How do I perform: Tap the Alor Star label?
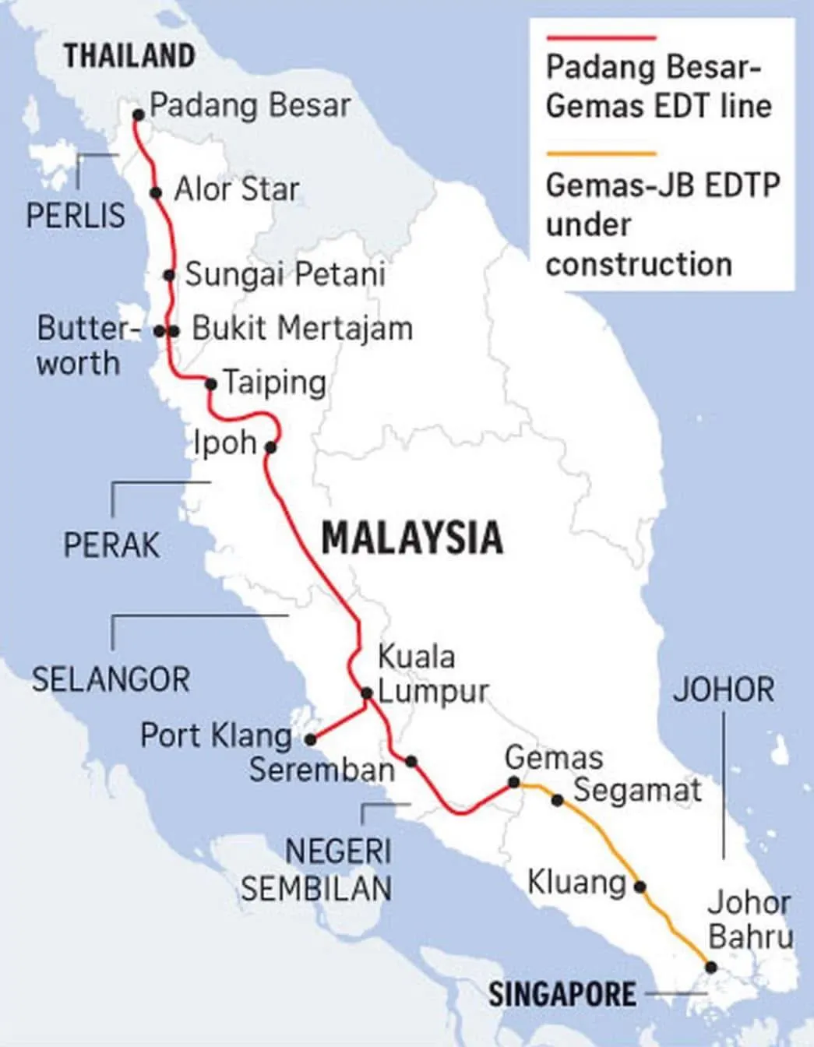click(236, 189)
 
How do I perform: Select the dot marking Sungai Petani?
click(169, 275)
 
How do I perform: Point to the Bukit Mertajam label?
click(302, 329)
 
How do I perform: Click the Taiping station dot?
click(210, 383)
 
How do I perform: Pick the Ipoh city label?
click(225, 442)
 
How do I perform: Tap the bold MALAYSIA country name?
click(412, 538)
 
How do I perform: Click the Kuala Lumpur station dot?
click(367, 693)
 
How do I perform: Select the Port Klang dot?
click(310, 739)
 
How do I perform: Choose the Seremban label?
click(322, 770)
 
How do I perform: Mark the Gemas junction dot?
click(513, 782)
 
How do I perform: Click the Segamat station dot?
click(557, 799)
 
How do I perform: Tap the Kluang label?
click(576, 883)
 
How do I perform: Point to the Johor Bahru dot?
click(710, 967)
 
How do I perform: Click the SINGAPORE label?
click(562, 994)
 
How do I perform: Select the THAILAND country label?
click(129, 56)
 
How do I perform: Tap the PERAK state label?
click(111, 545)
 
